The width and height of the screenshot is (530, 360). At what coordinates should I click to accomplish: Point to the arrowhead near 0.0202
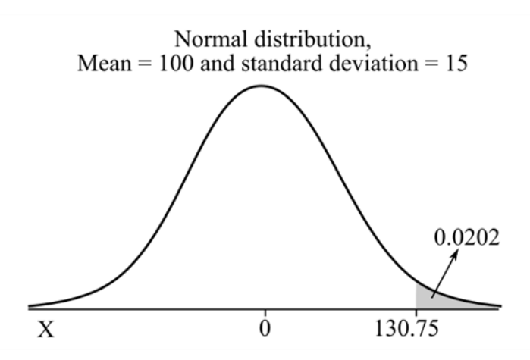click(x=456, y=255)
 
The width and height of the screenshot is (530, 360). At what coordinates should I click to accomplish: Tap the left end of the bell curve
click(x=30, y=306)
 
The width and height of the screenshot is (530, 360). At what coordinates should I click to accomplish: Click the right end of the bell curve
click(x=499, y=306)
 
